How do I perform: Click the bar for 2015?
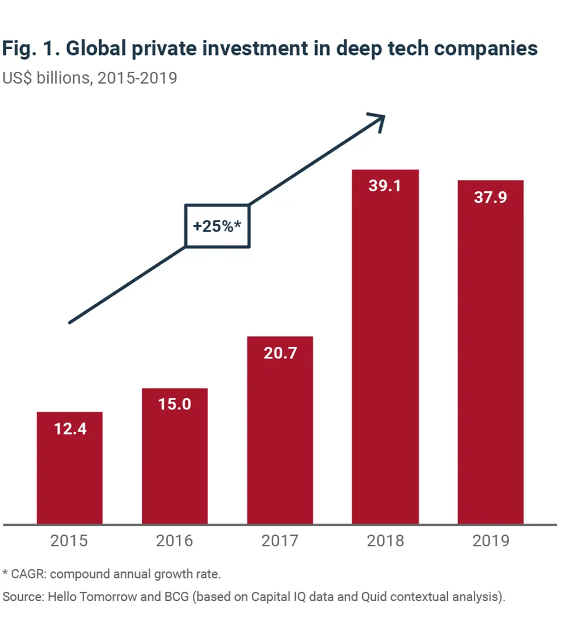(x=70, y=468)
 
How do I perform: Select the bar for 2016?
(x=175, y=456)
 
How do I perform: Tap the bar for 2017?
(x=280, y=430)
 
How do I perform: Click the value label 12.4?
(x=70, y=429)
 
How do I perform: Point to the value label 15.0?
(x=175, y=404)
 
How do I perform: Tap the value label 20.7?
(x=280, y=353)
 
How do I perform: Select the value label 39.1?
(x=385, y=185)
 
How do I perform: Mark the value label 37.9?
(x=490, y=197)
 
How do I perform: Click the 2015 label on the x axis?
(x=70, y=540)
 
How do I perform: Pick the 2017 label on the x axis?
(x=280, y=540)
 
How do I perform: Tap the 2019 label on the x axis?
(x=490, y=540)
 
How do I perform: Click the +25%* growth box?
(x=217, y=226)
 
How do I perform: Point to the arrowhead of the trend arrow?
(x=380, y=119)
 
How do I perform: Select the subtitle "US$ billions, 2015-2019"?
(x=89, y=77)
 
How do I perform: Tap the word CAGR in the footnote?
(x=27, y=574)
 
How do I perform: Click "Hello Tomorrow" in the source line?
(x=89, y=597)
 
